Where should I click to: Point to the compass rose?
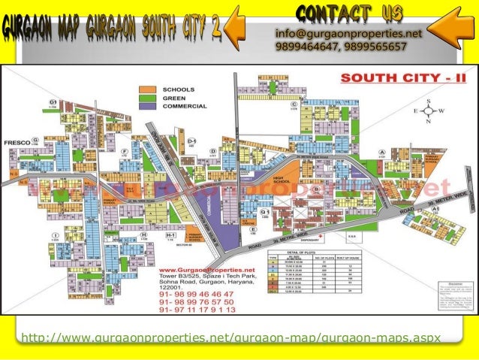[429, 110]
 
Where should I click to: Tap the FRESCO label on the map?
[16, 141]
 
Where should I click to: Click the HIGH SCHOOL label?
[282, 182]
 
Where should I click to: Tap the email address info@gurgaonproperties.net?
[348, 34]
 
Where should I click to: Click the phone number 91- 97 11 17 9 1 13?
[197, 309]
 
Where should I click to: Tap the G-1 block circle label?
[53, 101]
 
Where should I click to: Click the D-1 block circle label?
[192, 141]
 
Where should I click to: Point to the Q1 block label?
[265, 213]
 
